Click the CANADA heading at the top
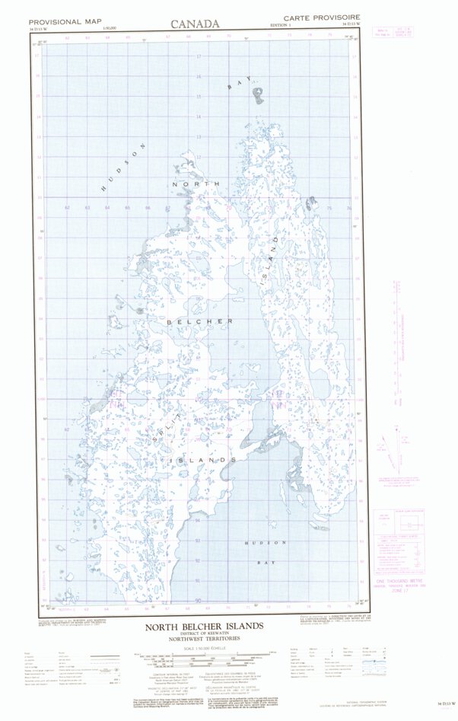(x=196, y=24)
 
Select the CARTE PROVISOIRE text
(x=322, y=18)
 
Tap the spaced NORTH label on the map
(x=196, y=184)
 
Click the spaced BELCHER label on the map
(x=200, y=321)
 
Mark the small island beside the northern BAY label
(x=260, y=95)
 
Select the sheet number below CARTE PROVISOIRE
(x=345, y=26)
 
